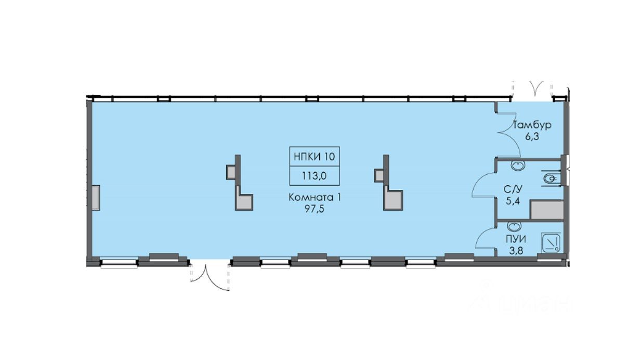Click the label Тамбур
click(x=532, y=125)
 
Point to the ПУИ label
click(x=516, y=240)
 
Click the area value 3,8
click(x=516, y=250)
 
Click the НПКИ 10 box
click(x=315, y=156)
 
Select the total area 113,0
click(x=315, y=175)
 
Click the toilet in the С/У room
click(x=550, y=179)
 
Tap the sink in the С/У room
click(x=518, y=165)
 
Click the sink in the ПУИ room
click(x=515, y=227)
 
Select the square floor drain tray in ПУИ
click(x=551, y=242)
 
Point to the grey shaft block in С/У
click(x=546, y=211)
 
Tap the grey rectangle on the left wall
click(x=96, y=198)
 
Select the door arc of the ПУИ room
click(x=483, y=239)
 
